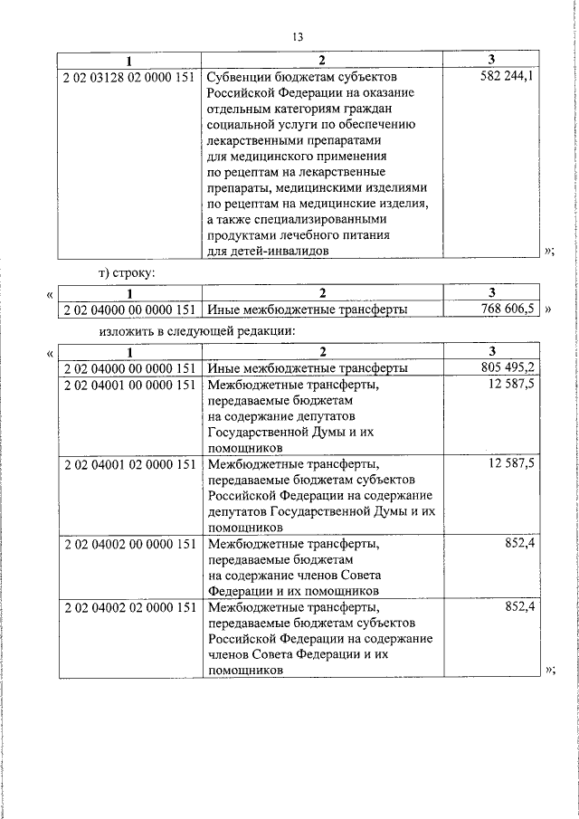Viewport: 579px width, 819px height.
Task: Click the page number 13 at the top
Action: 297,37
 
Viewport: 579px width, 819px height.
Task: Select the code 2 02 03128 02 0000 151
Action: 129,77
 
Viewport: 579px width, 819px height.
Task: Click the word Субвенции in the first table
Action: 236,77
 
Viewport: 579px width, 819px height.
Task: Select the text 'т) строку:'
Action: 128,272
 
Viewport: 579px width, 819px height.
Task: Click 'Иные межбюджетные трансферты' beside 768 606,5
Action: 307,310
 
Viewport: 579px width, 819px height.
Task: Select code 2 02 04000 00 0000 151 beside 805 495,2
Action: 129,368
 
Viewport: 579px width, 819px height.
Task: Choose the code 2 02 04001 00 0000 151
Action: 129,385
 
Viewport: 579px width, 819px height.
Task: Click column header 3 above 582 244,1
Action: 491,62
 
